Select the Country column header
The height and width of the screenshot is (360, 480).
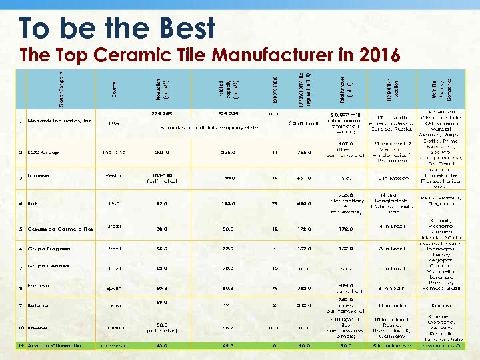(114, 89)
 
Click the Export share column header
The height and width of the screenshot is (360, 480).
(274, 89)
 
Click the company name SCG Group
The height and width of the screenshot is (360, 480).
(43, 153)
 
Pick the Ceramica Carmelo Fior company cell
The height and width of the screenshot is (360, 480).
(60, 229)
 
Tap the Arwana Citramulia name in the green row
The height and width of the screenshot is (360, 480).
(54, 345)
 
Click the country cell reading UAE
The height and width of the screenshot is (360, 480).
(114, 203)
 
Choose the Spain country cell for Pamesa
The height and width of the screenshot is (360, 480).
(114, 288)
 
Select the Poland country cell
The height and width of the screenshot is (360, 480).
(114, 327)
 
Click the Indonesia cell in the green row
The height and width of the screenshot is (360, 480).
(114, 345)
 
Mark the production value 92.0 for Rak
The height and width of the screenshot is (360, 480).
(162, 203)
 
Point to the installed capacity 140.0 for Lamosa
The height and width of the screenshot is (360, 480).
(229, 178)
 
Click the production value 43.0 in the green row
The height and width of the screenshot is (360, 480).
(162, 345)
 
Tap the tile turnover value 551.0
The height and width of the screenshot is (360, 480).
(304, 178)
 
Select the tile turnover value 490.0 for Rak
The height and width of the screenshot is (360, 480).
(304, 203)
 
